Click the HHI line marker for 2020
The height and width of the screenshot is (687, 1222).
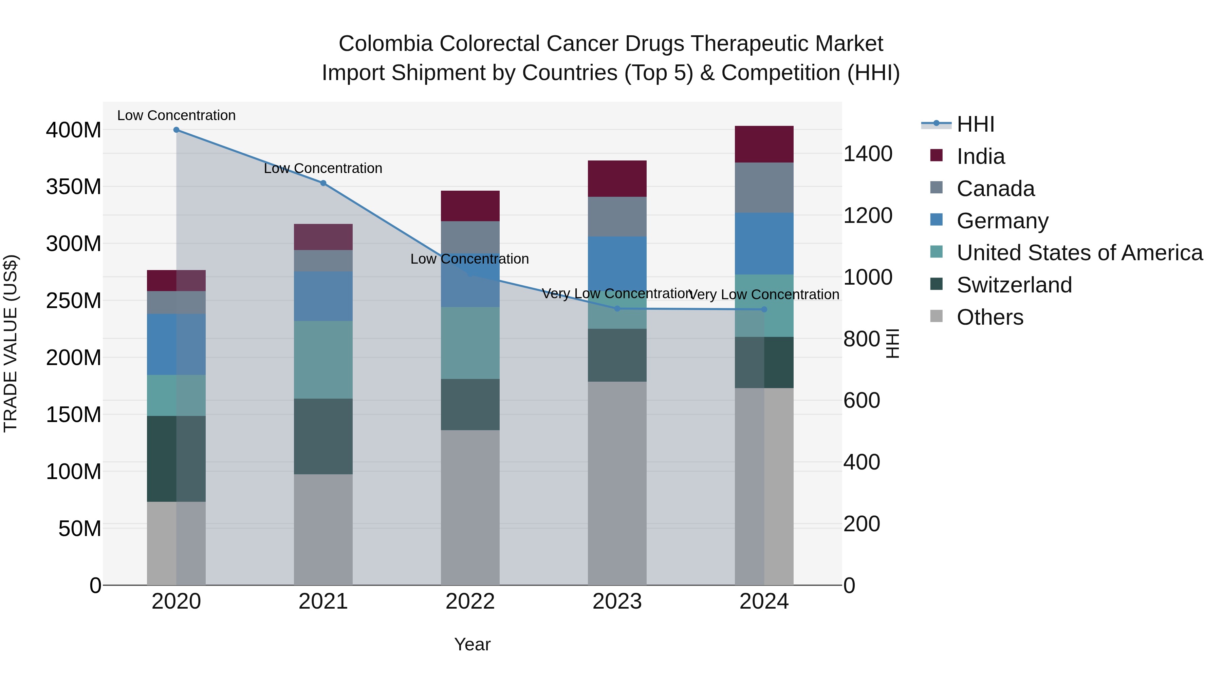(177, 130)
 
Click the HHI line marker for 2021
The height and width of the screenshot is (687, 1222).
(323, 183)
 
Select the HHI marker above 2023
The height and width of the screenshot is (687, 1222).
(617, 309)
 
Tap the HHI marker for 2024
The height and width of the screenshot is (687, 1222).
(764, 310)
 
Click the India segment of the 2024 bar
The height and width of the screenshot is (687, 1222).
(764, 144)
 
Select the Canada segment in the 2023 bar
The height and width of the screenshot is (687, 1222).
(617, 217)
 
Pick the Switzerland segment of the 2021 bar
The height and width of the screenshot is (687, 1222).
(323, 436)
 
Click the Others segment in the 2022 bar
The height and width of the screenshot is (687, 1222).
(470, 507)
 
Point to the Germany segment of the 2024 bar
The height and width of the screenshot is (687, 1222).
(764, 244)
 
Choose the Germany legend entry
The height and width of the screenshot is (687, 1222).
(1002, 221)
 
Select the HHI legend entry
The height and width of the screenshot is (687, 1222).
(975, 124)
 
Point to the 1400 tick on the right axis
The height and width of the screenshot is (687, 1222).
(868, 154)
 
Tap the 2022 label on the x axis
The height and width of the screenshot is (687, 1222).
(470, 602)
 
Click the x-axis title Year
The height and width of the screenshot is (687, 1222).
(472, 644)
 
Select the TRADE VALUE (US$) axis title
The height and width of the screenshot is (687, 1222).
(11, 343)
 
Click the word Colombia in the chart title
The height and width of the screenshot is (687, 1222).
(385, 44)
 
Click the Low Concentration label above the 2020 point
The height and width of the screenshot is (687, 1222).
(177, 115)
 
